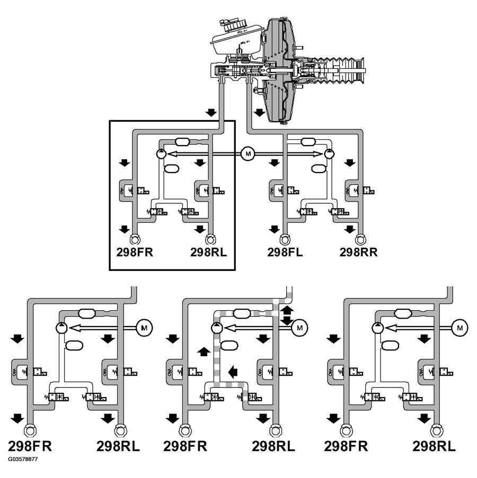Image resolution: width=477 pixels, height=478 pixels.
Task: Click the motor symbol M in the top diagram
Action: coord(247,154)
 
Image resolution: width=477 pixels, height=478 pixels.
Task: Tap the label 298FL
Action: coord(285,252)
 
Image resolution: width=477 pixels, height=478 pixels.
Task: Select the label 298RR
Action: coord(358,252)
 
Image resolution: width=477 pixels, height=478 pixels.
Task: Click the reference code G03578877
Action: coord(23,459)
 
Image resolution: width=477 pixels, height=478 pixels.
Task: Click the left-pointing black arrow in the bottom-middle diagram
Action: coord(233,372)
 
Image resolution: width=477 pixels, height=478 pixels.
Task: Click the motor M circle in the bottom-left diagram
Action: coord(144,328)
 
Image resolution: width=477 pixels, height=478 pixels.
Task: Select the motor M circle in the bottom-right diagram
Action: coord(460,328)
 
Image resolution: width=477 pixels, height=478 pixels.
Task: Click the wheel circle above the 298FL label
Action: coord(285,238)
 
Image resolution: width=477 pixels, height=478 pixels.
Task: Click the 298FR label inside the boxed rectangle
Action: coord(135,252)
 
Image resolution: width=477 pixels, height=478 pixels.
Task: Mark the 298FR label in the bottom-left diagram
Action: coord(30,446)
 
